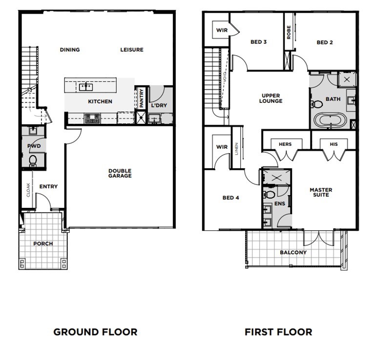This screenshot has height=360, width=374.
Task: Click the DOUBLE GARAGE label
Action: point(120,173)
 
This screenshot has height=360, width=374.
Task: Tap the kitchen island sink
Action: point(86,87)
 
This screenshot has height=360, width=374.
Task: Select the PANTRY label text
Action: point(141,98)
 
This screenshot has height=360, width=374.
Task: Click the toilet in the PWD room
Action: point(33,161)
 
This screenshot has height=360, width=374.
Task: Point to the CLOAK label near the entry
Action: point(28,190)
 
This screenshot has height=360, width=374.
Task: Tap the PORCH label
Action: point(43,243)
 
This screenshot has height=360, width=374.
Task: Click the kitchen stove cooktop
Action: point(92,119)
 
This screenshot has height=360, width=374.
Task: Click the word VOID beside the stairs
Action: point(225,79)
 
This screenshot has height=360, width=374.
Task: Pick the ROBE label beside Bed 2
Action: point(289,32)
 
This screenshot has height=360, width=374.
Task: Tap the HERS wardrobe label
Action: point(285,144)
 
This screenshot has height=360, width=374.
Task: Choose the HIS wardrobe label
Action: point(333,144)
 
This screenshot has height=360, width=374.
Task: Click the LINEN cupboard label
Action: point(236,149)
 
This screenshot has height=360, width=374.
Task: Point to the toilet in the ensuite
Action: point(269,195)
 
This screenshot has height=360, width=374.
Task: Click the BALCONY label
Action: point(293,252)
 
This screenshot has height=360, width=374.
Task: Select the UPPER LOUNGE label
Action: point(270,99)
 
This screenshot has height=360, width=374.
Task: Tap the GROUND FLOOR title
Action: point(95,332)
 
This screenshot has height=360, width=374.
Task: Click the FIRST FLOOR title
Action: point(278,332)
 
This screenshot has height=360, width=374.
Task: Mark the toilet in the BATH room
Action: point(316,104)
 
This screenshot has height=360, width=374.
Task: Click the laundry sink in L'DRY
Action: point(154,119)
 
